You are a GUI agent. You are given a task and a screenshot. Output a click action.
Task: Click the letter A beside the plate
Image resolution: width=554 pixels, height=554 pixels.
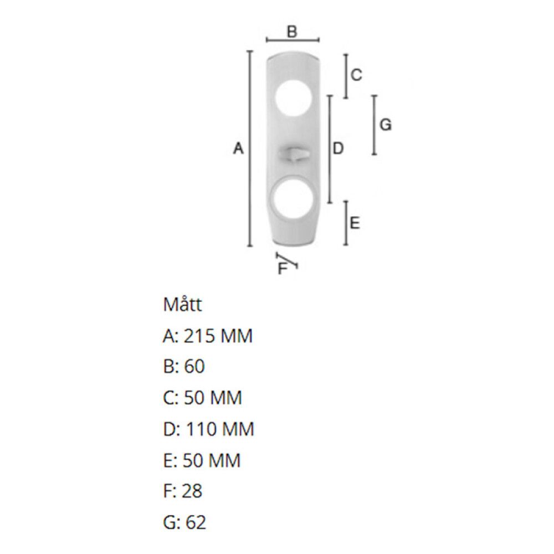coord(238,148)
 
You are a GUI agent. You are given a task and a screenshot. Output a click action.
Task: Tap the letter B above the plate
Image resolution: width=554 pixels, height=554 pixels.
coord(292,32)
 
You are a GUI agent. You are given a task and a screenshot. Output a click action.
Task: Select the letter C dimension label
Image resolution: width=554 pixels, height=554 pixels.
coord(356,75)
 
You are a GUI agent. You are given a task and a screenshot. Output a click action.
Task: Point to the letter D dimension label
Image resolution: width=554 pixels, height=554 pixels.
coord(338,148)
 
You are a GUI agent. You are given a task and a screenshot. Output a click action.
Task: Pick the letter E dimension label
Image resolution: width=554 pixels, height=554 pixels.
coord(355,223)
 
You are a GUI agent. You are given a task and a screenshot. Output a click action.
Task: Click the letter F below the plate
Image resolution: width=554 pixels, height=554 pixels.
coord(283,268)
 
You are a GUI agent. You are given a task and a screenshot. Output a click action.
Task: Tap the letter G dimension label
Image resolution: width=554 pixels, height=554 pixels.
coord(386,125)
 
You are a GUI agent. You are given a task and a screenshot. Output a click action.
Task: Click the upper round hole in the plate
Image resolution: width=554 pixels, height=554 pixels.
coord(294,97)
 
